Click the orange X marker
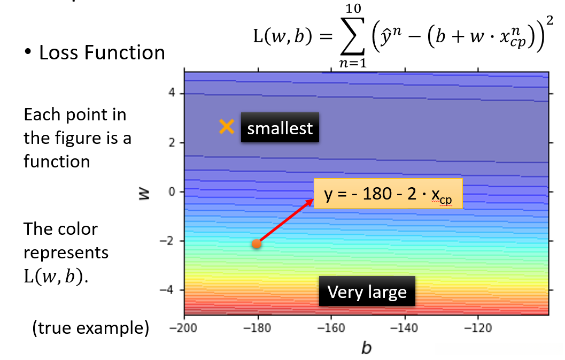tap(227, 127)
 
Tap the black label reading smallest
tap(280, 128)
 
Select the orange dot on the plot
tap(257, 244)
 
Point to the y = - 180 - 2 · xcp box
tap(388, 193)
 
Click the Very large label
tap(367, 292)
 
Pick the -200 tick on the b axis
tap(184, 327)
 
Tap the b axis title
tap(366, 348)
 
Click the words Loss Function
tap(102, 52)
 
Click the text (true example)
tap(90, 328)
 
